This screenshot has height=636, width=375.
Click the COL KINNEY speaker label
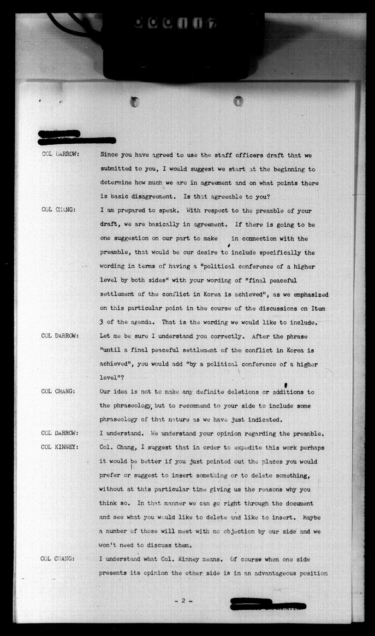point(60,447)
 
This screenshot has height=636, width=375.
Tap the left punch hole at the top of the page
point(135,102)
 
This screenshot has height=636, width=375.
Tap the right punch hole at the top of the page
point(238,101)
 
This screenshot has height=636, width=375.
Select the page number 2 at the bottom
point(183,601)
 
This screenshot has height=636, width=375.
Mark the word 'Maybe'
point(312,517)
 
